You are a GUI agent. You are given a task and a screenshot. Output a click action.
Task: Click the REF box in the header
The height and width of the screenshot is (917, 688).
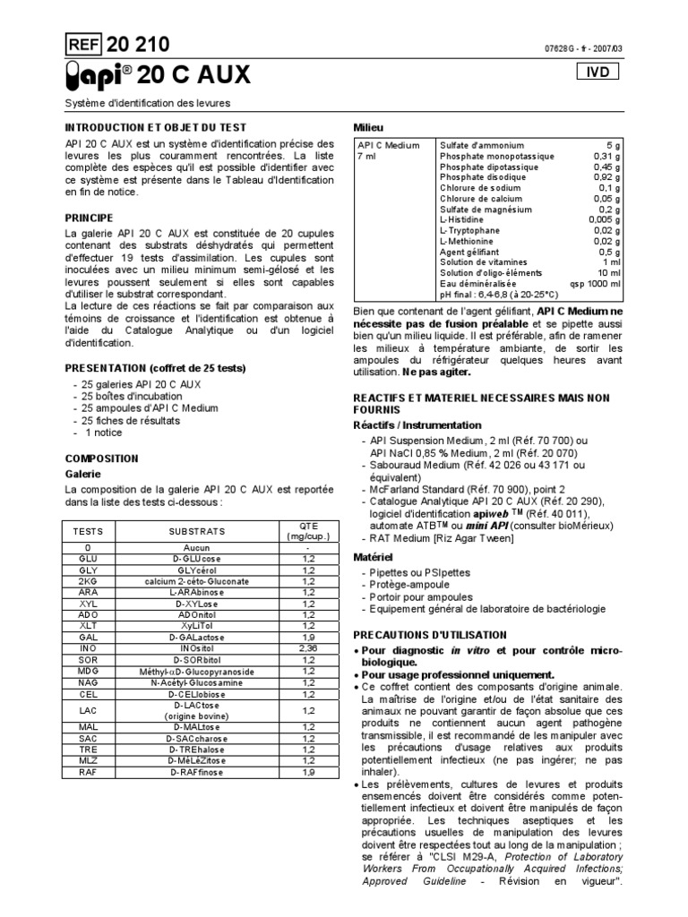84,45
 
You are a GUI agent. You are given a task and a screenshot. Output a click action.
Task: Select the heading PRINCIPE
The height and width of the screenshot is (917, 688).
89,218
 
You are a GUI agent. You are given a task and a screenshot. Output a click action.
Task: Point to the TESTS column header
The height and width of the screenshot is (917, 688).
88,531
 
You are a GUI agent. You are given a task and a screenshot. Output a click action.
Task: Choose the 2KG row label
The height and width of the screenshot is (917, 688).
88,581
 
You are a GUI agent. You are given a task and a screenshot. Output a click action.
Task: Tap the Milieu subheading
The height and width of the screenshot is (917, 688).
368,128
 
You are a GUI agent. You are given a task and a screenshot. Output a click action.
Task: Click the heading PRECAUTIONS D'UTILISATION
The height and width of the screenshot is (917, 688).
431,634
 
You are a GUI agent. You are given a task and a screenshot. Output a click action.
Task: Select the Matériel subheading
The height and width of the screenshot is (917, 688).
374,556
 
